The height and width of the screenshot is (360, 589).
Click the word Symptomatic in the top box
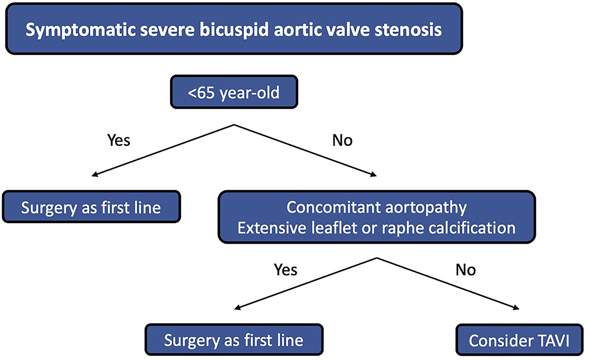(80, 30)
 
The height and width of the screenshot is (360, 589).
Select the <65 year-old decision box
(234, 92)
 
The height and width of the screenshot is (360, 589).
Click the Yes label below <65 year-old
(118, 140)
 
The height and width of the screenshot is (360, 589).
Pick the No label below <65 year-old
(342, 140)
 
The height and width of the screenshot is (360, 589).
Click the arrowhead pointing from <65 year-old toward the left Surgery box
(95, 175)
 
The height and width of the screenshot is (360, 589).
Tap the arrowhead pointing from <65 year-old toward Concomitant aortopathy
(373, 175)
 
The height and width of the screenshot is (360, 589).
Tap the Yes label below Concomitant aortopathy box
(285, 270)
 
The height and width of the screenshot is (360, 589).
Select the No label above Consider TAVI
(466, 270)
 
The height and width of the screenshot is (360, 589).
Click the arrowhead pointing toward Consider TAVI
(516, 308)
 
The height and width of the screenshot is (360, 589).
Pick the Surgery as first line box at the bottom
(234, 340)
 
